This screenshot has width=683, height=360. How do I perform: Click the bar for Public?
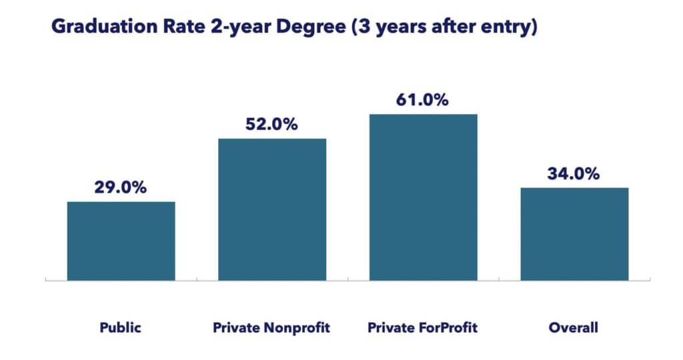[121, 241]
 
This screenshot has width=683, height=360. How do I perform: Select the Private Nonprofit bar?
[272, 209]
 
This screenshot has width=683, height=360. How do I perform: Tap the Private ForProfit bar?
[423, 197]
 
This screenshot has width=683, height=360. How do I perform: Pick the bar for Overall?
[574, 234]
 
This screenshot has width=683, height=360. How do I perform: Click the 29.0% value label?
[121, 187]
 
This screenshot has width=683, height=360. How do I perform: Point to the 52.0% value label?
[272, 124]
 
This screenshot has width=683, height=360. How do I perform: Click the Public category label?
[121, 327]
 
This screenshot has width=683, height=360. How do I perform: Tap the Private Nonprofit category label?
[272, 327]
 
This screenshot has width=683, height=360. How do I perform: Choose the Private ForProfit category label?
[423, 327]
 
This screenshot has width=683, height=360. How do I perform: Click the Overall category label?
[574, 327]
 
